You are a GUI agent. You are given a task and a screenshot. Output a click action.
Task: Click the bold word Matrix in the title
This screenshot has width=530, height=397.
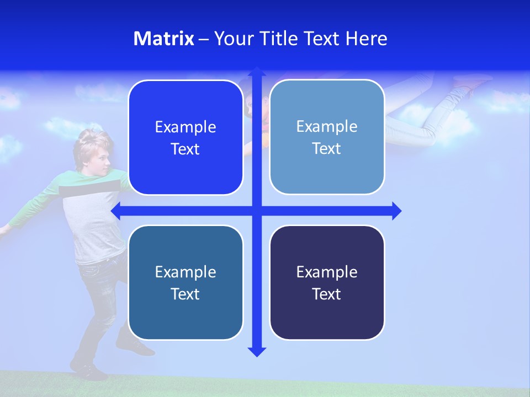(163, 39)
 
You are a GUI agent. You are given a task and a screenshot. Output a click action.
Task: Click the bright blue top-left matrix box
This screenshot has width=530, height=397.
(185, 137)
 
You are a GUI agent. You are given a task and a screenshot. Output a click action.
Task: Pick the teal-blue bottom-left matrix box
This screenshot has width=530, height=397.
(185, 282)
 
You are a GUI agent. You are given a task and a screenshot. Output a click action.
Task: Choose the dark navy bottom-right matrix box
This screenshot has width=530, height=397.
(327, 282)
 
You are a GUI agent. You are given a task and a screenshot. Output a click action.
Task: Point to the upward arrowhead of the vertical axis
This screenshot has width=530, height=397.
(257, 72)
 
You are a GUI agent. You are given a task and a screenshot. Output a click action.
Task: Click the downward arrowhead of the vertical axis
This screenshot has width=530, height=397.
(257, 351)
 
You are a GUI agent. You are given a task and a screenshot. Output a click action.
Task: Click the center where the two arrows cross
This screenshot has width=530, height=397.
(257, 211)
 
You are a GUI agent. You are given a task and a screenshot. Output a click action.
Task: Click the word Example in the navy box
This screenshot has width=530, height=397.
(327, 272)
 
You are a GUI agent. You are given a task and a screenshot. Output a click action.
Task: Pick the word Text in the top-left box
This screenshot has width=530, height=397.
(185, 149)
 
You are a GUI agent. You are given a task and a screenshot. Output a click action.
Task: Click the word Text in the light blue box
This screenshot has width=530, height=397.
(327, 148)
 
